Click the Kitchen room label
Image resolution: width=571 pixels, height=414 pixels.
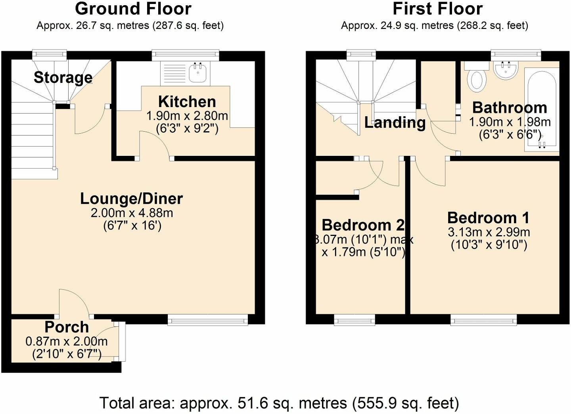187,102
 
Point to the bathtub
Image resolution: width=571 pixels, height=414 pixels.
542,110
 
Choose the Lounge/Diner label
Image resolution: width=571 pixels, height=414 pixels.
132,199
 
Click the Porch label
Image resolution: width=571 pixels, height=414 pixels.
67,327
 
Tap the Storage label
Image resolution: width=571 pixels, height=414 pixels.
63,77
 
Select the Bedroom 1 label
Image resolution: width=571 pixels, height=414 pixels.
489,218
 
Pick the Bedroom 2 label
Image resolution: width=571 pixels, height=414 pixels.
363,225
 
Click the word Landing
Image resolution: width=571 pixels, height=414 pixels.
395,123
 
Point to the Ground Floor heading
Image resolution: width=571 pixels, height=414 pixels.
133,9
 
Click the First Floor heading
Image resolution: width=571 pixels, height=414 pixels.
437,9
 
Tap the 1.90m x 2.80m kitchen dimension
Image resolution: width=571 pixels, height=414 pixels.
187,116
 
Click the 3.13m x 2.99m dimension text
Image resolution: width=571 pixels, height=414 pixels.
489,232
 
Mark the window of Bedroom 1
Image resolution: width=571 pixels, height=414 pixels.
484,320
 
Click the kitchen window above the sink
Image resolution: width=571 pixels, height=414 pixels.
186,55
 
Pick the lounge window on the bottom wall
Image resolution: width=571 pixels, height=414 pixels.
208,320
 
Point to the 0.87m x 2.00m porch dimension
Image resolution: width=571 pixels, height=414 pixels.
67,341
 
